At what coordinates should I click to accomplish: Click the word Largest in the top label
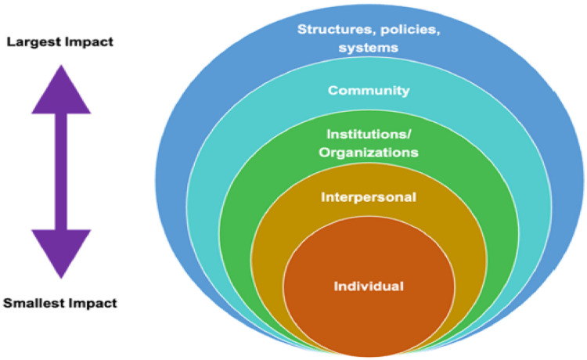tap(32, 41)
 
